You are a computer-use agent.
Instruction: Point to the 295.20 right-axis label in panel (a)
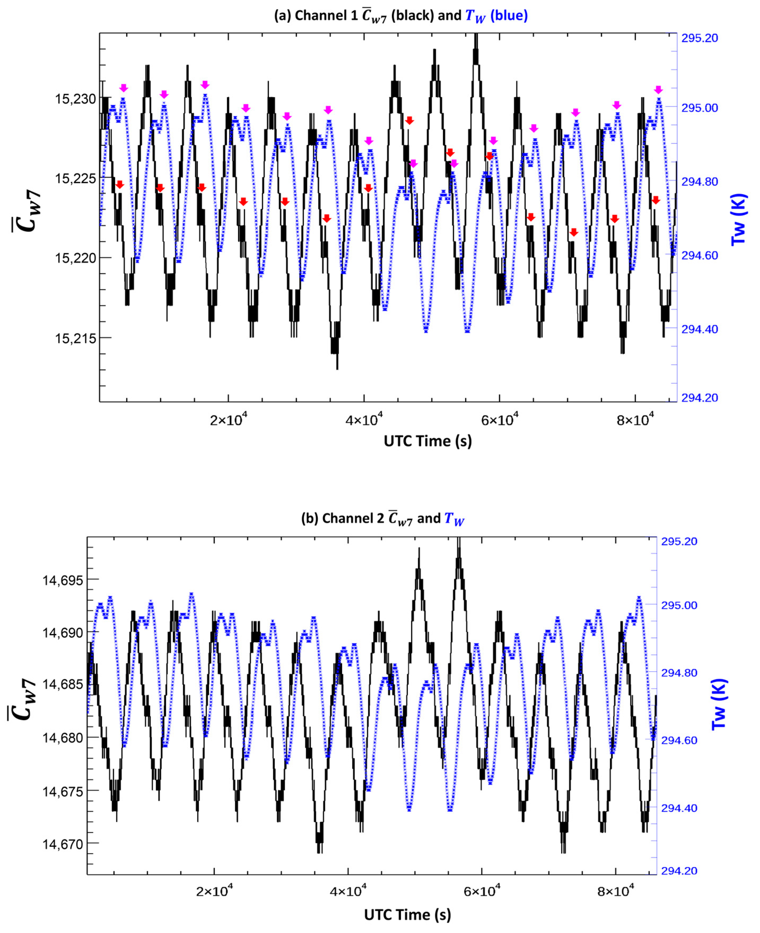coord(700,38)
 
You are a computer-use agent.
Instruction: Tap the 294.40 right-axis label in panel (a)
coord(700,329)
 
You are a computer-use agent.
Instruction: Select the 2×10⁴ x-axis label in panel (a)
coord(229,420)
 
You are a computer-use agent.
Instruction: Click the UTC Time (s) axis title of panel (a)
coord(428,441)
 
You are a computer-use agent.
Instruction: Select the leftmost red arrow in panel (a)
coord(120,184)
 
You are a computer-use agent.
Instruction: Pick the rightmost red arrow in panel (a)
coord(655,200)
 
